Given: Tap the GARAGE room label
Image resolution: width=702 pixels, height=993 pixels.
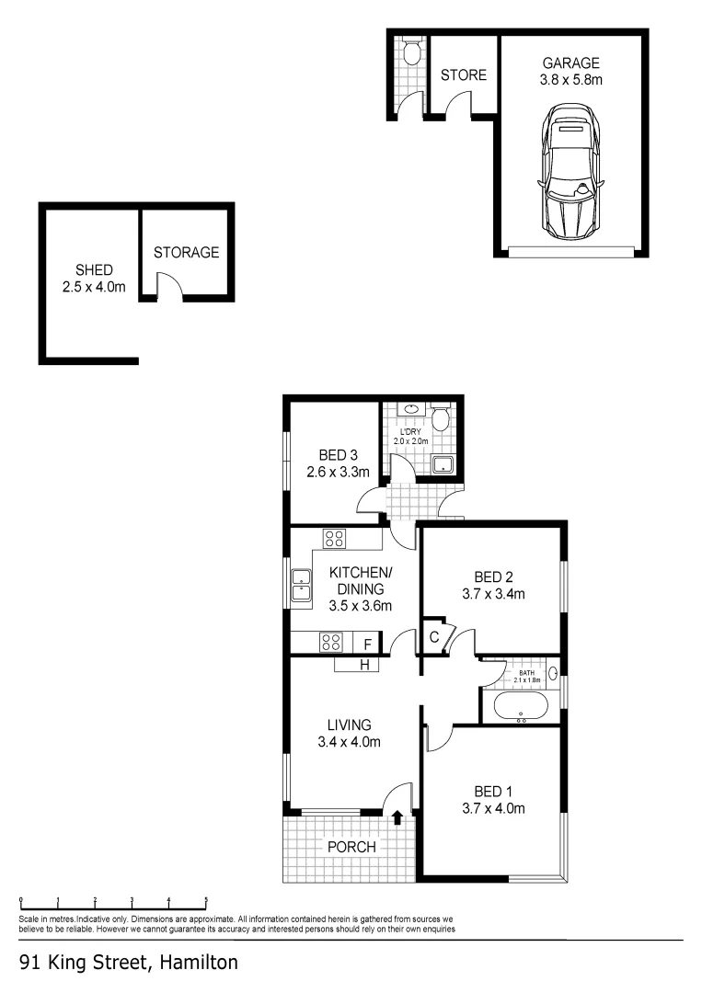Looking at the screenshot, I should pyautogui.click(x=570, y=63).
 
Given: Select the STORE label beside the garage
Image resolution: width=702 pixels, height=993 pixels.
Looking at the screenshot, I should pyautogui.click(x=464, y=74).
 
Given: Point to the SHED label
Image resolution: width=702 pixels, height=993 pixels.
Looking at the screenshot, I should pyautogui.click(x=95, y=270).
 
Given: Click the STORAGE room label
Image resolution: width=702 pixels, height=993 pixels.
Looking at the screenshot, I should pyautogui.click(x=186, y=252).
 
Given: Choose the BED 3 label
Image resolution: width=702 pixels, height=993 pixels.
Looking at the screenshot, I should pyautogui.click(x=338, y=455).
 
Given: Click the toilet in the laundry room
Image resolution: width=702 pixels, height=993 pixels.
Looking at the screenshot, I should pyautogui.click(x=441, y=420).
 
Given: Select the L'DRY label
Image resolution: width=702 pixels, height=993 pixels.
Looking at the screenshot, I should pyautogui.click(x=409, y=431).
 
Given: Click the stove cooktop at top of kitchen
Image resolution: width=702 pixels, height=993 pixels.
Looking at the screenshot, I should pyautogui.click(x=333, y=539).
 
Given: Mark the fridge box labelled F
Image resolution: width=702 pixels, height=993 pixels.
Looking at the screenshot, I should pyautogui.click(x=367, y=644).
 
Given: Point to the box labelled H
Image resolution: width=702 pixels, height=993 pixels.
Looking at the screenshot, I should pyautogui.click(x=364, y=665).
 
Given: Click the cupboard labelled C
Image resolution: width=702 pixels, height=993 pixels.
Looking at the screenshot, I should pyautogui.click(x=432, y=637).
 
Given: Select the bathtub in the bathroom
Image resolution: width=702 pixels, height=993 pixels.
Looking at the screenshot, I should pyautogui.click(x=521, y=707).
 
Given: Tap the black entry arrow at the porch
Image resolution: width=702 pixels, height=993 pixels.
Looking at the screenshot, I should pyautogui.click(x=397, y=817).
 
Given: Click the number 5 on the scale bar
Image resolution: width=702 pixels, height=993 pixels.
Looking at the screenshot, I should pyautogui.click(x=205, y=900).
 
